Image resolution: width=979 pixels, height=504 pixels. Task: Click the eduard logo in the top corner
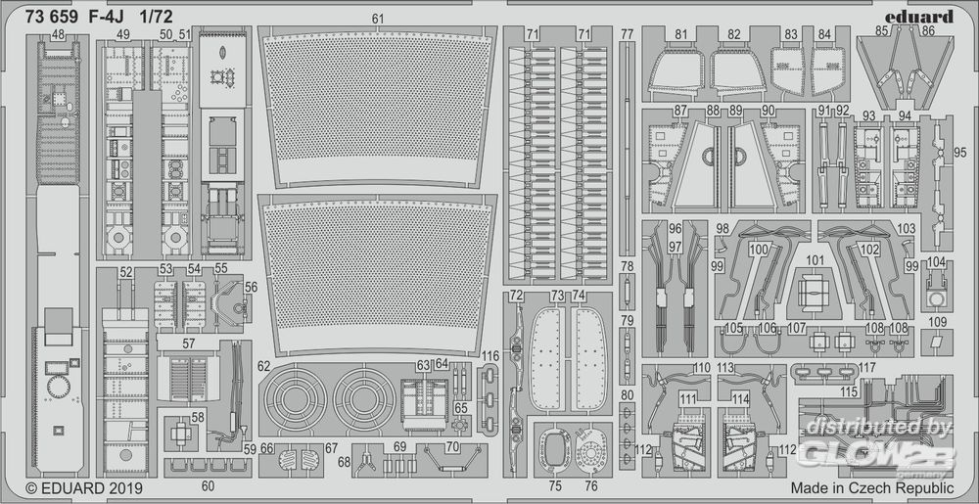[x=922, y=17]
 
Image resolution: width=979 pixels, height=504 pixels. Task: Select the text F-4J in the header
[x=114, y=17]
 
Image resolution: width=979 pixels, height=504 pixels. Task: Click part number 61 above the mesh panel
[x=378, y=19]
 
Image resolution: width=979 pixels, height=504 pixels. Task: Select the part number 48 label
[x=59, y=35]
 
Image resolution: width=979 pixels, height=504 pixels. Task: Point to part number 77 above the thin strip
[x=627, y=34]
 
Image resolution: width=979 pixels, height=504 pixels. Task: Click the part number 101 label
[x=816, y=260]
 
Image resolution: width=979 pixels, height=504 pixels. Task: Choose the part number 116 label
[x=490, y=355]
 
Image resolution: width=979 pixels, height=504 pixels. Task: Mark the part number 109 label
[x=938, y=322]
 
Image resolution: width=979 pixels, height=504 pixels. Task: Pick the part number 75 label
[x=555, y=484]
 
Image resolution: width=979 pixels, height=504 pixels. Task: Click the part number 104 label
[x=937, y=261]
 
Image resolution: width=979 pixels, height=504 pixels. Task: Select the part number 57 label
[x=187, y=343]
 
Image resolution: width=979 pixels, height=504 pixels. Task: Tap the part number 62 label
[x=264, y=366]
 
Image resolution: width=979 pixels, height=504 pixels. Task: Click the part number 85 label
[x=881, y=31]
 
